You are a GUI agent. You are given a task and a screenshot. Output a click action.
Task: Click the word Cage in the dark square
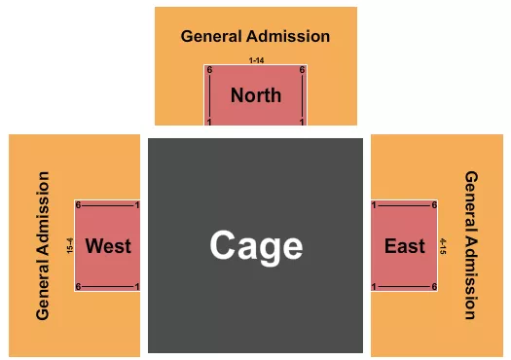pos(256,245)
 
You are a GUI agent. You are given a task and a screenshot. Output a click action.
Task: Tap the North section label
pos(256,95)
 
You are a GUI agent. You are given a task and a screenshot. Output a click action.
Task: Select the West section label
pos(108,245)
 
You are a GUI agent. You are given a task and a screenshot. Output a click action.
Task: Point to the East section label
pos(404,245)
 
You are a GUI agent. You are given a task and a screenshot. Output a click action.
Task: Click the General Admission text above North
pos(255,37)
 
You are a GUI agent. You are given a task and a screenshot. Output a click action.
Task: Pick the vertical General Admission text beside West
pos(43,245)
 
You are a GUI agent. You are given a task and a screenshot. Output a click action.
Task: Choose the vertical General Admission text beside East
pos(470,245)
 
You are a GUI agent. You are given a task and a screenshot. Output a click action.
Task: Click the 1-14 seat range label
pos(256,61)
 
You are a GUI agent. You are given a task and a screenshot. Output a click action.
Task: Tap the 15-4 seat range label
pos(69,245)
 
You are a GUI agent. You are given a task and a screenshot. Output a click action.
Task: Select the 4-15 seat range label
pos(443,245)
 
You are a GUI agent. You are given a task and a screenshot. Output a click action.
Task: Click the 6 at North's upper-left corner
pos(209,70)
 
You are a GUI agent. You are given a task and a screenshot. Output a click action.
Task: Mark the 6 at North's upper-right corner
pos(303,70)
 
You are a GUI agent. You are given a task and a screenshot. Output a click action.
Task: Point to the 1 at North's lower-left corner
pos(209,122)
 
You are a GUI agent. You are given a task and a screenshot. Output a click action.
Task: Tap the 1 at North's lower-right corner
pos(303,122)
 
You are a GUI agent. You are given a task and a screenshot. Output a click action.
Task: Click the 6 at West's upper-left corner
pos(79,205)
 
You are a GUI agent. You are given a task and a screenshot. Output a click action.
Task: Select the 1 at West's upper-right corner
pos(137,205)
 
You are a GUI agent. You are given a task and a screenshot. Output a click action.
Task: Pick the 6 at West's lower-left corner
pos(79,286)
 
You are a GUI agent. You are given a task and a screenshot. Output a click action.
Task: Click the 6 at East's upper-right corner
pos(434,205)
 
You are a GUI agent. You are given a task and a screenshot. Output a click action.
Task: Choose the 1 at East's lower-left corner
pos(375,286)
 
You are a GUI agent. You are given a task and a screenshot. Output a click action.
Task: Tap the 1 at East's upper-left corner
pos(375,205)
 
